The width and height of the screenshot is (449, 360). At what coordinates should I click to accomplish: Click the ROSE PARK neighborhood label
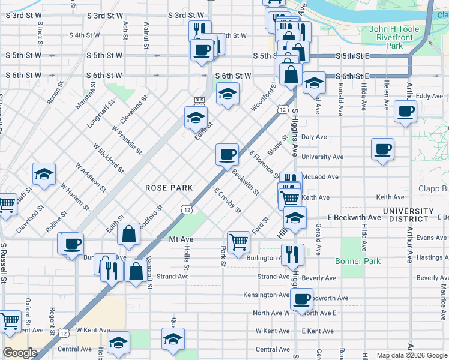(169, 188)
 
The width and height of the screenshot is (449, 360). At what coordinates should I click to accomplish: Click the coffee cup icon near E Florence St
(227, 155)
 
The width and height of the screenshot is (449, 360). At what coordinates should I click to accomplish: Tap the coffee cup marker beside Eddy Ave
(406, 111)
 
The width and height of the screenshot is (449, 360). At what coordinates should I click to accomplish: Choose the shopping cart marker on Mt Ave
(239, 242)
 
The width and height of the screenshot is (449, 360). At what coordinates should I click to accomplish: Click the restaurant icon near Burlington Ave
(292, 254)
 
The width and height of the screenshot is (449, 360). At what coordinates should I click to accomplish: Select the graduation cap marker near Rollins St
(44, 175)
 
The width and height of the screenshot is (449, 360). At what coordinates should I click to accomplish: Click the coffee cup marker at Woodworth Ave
(301, 298)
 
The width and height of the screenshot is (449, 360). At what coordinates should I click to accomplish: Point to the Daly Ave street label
(314, 137)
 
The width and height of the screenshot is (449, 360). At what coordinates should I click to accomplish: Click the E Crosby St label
(228, 200)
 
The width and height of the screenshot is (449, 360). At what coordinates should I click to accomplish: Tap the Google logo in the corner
(20, 353)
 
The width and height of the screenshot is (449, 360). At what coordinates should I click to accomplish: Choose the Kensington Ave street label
(267, 295)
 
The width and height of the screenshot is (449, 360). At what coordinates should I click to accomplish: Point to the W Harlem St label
(74, 199)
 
